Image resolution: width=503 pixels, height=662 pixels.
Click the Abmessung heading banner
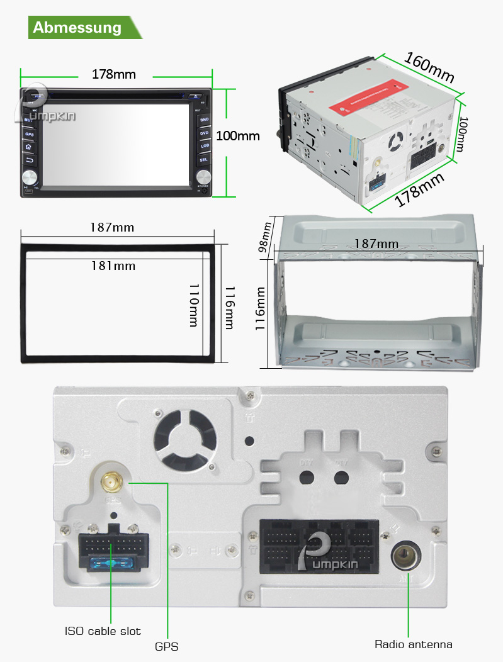tap(78, 28)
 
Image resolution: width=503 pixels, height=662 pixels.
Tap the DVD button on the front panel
tap(204, 133)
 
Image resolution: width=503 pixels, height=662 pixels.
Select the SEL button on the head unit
tap(204, 160)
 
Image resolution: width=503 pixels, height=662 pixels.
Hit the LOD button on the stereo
tap(204, 146)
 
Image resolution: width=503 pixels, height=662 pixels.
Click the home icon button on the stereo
tap(28, 146)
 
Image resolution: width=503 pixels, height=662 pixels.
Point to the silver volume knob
tap(30, 176)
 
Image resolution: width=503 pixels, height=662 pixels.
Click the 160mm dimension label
tap(429, 66)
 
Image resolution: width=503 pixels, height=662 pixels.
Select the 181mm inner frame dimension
tap(113, 266)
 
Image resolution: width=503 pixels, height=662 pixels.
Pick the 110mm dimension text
tap(194, 304)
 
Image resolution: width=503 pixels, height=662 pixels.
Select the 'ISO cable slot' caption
tap(103, 631)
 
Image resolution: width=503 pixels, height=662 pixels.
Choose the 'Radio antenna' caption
tap(414, 644)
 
